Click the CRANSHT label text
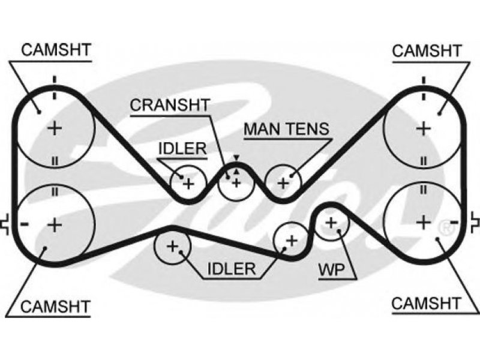click(x=170, y=105)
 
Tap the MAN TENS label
click(x=287, y=129)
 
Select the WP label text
click(x=332, y=269)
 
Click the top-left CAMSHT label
click(x=56, y=50)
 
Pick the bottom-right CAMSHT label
click(x=426, y=304)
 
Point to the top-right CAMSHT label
click(x=427, y=51)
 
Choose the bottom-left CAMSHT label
click(x=55, y=307)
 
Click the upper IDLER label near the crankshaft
click(x=182, y=149)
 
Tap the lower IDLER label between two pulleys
click(x=232, y=269)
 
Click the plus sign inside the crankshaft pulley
click(x=236, y=183)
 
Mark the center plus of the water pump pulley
click(x=331, y=223)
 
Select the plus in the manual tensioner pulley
click(x=283, y=183)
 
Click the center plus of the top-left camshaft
click(x=55, y=128)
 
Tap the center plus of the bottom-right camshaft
click(x=424, y=222)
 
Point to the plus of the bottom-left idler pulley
click(x=173, y=246)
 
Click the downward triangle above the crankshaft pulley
click(x=236, y=158)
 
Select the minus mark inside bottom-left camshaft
click(x=25, y=224)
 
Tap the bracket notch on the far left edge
click(x=5, y=225)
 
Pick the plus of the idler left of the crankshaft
click(x=188, y=184)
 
